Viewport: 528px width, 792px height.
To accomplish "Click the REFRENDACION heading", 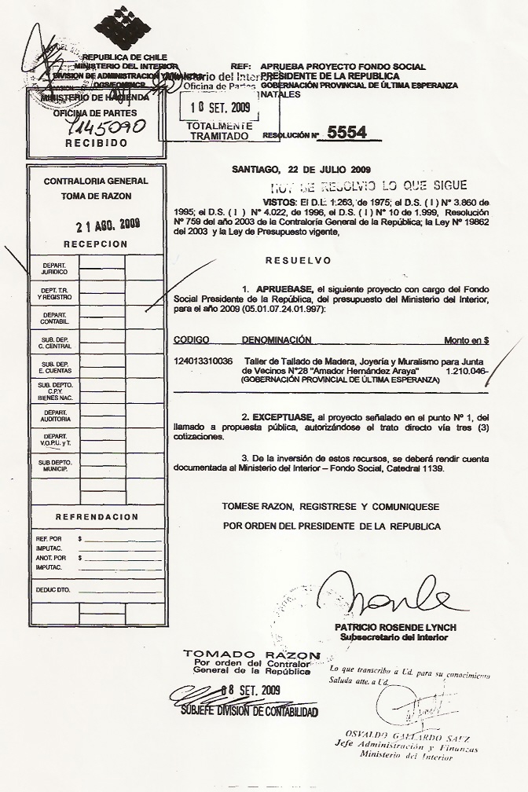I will coord(97,516).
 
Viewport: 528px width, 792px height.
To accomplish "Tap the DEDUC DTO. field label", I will coord(53,588).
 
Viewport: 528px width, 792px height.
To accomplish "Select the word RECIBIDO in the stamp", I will coord(96,144).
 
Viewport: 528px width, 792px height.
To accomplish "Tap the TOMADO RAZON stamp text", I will coord(251,654).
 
